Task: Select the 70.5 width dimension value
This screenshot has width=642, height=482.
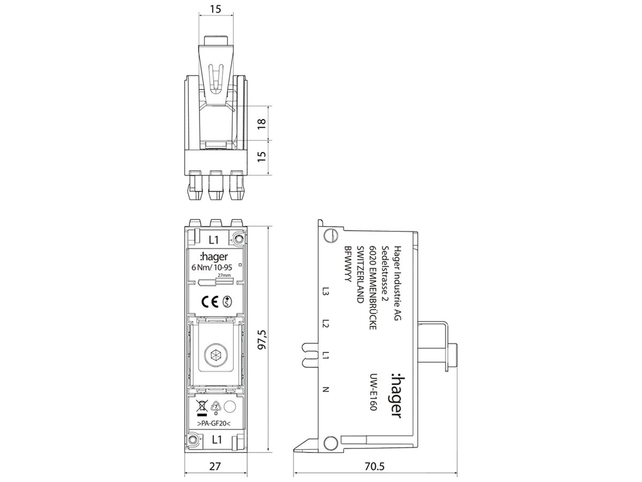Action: point(374,466)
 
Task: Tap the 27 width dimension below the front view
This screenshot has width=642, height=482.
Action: point(214,466)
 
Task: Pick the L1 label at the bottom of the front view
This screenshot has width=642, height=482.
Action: point(217,440)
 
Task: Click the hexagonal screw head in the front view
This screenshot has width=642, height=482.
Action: point(217,355)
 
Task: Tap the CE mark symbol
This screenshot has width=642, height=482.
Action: point(209,302)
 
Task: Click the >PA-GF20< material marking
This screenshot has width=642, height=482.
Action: point(213,424)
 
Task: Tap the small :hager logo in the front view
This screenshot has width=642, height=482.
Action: point(212,255)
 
